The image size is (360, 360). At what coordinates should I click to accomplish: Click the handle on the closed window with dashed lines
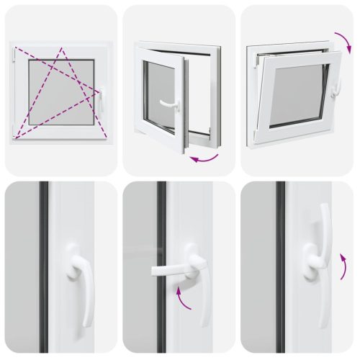(x=101, y=100)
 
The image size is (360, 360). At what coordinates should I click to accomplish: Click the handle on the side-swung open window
(x=169, y=105)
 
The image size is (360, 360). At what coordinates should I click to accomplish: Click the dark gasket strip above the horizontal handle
(x=162, y=216)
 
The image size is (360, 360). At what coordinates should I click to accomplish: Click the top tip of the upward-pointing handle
(x=325, y=207)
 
